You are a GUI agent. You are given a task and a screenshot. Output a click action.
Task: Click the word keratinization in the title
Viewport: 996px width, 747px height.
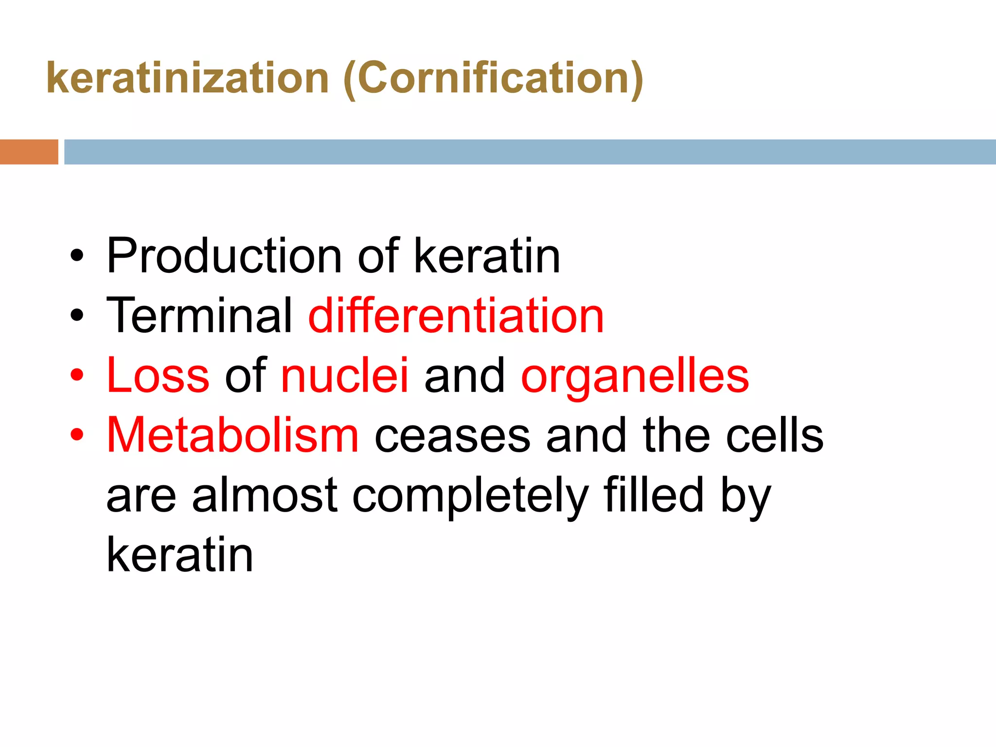pos(188,79)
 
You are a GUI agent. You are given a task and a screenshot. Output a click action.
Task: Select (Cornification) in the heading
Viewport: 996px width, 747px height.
pos(493,79)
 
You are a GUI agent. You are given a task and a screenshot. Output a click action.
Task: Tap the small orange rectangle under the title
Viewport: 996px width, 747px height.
pos(29,152)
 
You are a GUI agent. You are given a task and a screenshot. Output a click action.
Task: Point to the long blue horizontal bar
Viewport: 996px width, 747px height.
pos(530,152)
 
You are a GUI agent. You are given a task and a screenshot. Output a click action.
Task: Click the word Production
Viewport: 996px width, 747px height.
pos(224,256)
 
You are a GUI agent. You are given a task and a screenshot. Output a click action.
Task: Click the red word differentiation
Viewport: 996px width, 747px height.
pos(456,316)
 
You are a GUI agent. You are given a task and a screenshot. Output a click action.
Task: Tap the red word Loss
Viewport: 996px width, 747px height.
pos(158,375)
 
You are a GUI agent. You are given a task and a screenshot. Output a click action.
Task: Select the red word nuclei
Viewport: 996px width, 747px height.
pos(345,375)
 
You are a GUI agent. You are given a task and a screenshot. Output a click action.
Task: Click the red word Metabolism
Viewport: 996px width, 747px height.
pos(232,435)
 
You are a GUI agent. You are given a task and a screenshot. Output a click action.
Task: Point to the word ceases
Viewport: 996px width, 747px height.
pos(452,436)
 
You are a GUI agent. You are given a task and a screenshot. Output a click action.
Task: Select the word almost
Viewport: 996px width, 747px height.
pos(265,495)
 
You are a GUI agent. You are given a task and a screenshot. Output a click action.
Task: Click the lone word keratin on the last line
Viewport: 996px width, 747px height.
pos(180,554)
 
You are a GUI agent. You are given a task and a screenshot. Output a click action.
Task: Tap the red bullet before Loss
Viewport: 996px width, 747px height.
pos(77,375)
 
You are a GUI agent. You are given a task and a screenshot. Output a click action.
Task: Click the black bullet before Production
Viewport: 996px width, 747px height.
pos(77,256)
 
